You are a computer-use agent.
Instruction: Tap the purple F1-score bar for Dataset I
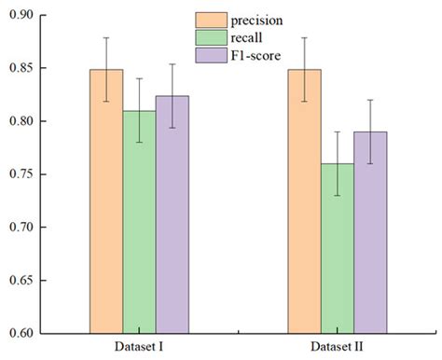click(x=172, y=214)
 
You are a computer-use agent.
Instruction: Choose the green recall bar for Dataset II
click(x=337, y=247)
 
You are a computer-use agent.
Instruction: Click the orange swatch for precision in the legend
click(x=210, y=20)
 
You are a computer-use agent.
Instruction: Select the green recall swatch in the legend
click(x=210, y=36)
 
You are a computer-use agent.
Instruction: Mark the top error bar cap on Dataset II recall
click(x=337, y=132)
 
